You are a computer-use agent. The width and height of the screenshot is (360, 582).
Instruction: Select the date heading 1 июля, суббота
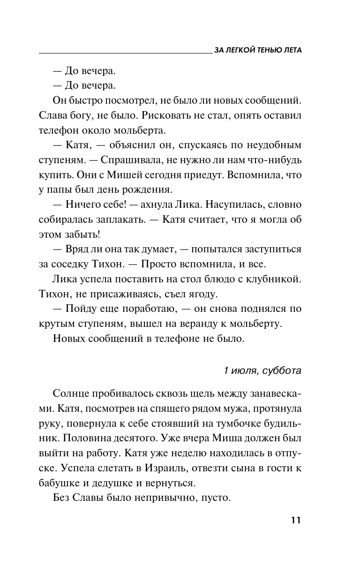pyautogui.click(x=262, y=370)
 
